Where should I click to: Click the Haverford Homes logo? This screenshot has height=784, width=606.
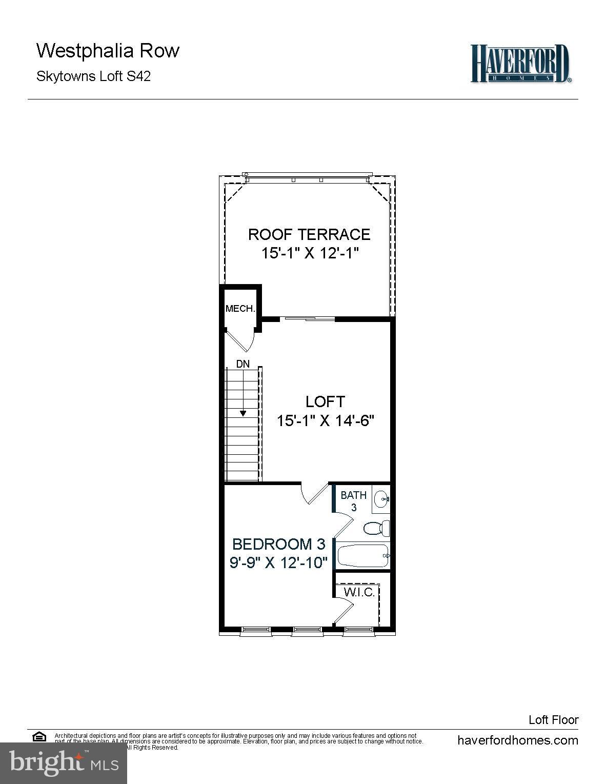(x=520, y=64)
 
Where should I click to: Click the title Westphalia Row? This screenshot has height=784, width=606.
(x=108, y=51)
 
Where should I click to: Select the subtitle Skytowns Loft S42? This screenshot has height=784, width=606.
(x=93, y=76)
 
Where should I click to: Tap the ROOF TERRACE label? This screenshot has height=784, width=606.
(x=309, y=234)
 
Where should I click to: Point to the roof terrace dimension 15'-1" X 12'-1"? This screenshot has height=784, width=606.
(x=309, y=253)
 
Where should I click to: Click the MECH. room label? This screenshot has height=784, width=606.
(x=240, y=309)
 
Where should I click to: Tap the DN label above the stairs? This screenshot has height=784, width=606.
(x=243, y=364)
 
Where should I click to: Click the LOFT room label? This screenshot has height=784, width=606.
(x=325, y=401)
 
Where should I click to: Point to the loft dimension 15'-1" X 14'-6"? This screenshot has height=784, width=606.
(x=325, y=421)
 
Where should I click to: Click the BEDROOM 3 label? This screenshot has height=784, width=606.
(x=279, y=544)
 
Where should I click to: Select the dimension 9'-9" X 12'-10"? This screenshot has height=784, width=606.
(x=278, y=563)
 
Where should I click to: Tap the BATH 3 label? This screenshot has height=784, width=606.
(x=354, y=500)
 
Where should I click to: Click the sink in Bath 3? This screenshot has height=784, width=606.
(x=381, y=498)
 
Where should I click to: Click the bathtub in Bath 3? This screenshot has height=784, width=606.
(x=363, y=555)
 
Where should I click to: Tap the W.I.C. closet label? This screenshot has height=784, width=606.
(x=359, y=592)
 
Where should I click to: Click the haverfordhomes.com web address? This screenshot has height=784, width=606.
(x=517, y=740)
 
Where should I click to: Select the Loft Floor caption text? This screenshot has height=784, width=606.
(x=553, y=720)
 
